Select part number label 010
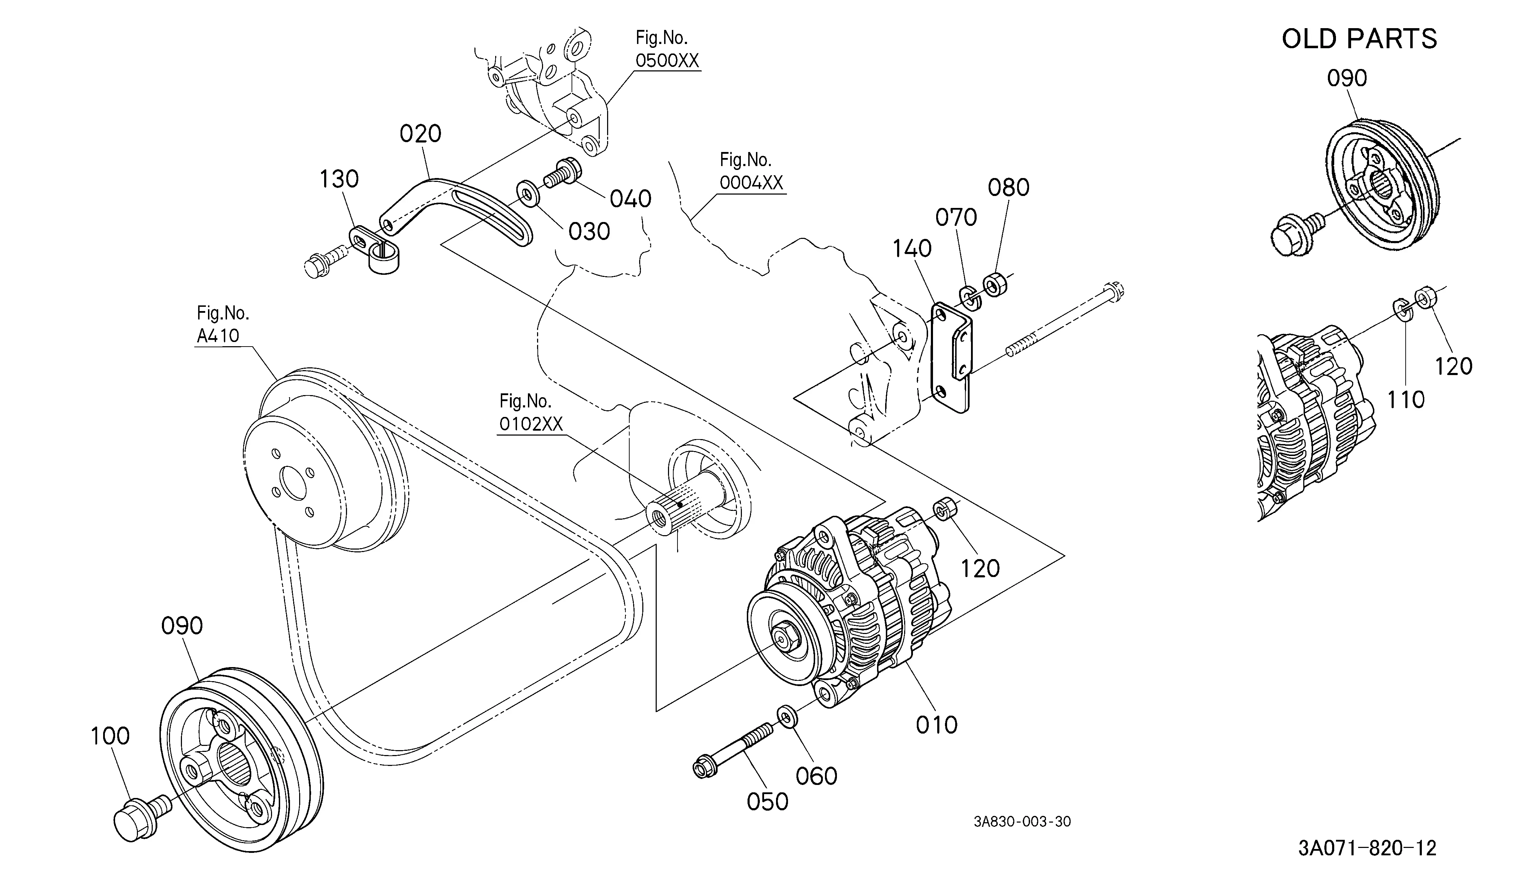(937, 725)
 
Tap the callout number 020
(420, 133)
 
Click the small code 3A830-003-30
(1022, 822)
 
